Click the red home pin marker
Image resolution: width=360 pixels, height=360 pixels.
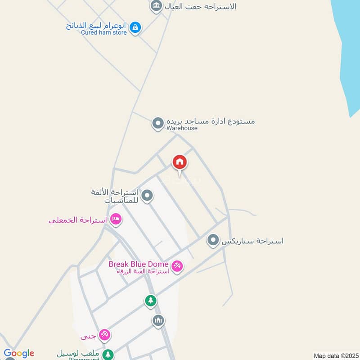tap(180, 162)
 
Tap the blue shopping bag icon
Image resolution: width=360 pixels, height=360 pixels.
tap(135, 28)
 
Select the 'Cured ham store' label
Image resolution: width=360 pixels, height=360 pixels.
tap(104, 32)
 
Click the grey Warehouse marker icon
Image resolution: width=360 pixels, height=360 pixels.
tap(157, 123)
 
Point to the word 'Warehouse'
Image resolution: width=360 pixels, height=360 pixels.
tap(182, 128)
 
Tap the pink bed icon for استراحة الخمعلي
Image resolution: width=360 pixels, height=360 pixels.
tap(116, 220)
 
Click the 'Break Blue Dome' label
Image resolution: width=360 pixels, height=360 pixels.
tap(138, 264)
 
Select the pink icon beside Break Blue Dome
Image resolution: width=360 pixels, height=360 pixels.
tap(177, 267)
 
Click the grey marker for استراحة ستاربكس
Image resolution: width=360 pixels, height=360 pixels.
tap(213, 240)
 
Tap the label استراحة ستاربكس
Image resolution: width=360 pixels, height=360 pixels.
tap(252, 241)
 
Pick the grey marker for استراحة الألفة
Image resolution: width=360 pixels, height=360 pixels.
tap(147, 196)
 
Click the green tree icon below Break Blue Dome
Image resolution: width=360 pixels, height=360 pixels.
tap(151, 300)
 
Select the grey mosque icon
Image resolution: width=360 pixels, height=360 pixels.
tap(157, 321)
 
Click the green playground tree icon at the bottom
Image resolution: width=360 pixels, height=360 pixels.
tap(108, 354)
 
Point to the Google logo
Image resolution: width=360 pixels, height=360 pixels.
tap(19, 353)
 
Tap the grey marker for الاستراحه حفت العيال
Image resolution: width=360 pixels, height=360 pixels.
tap(156, 6)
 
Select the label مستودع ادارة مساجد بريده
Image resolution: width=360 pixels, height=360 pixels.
tap(211, 121)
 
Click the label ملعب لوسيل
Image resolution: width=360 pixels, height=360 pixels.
tap(78, 353)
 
